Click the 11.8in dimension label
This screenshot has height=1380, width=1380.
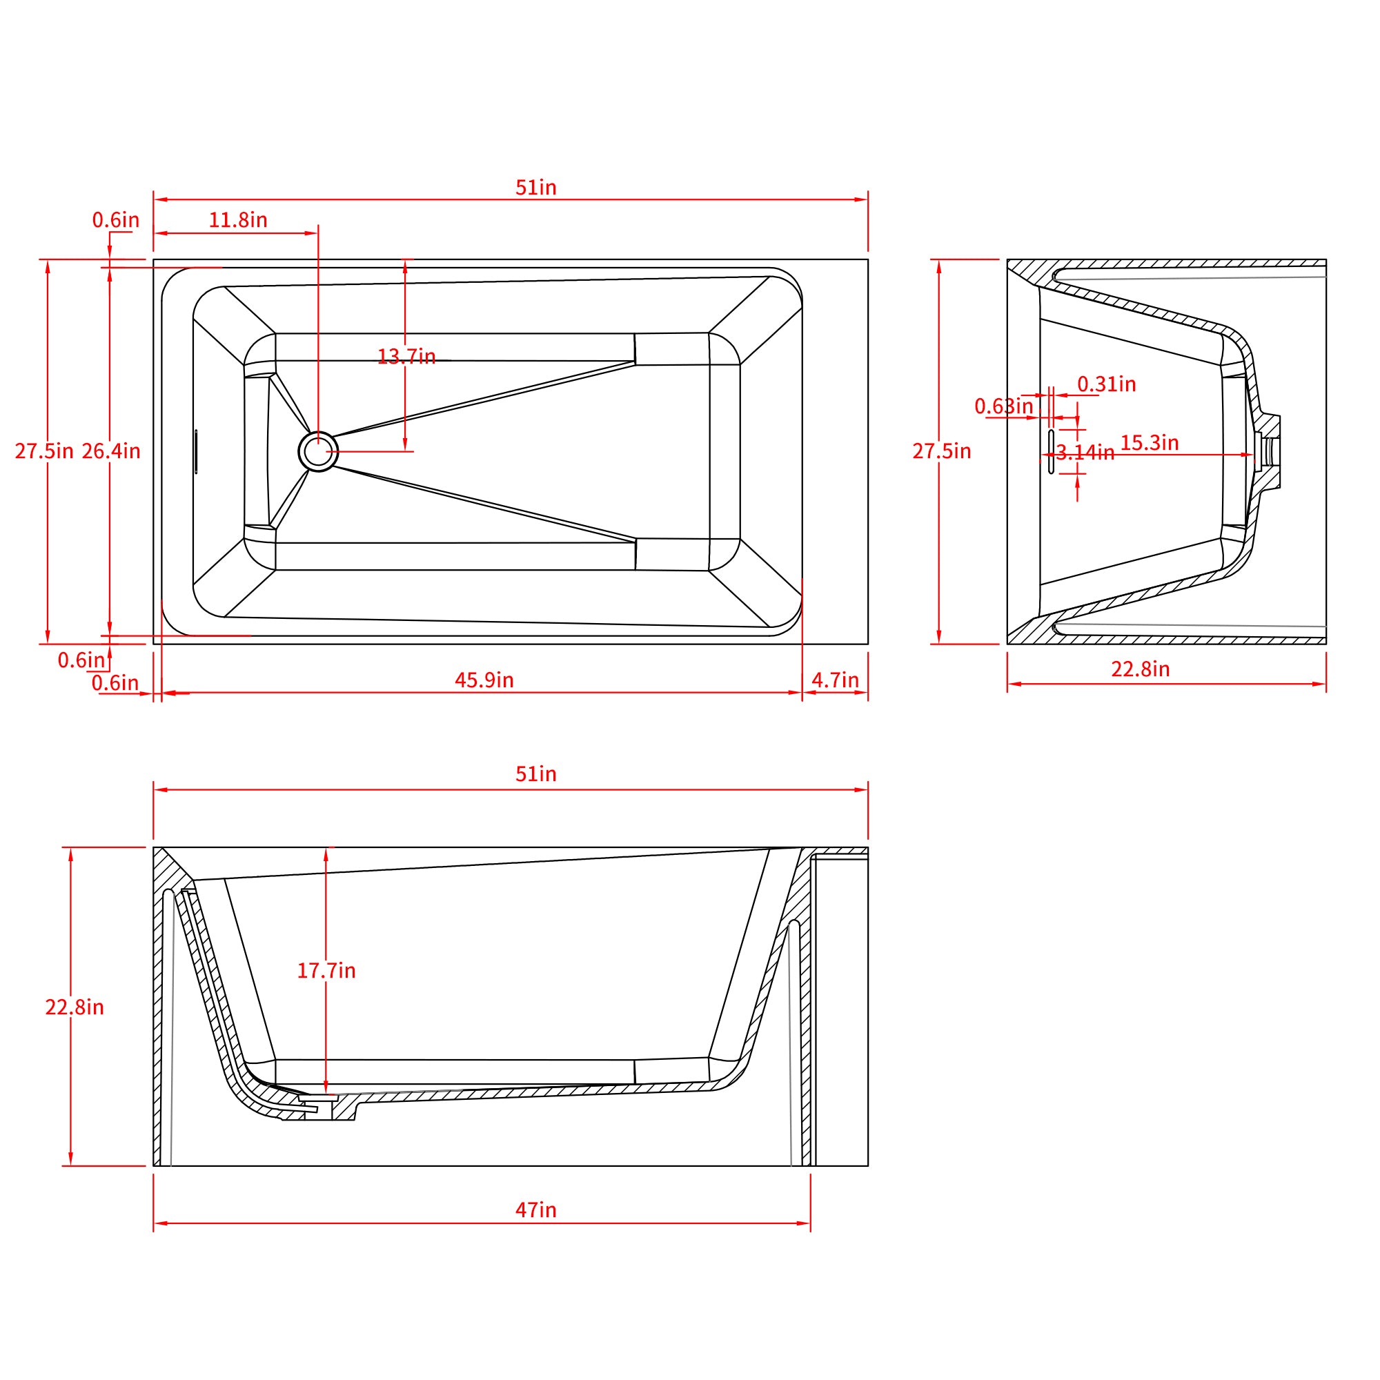click(238, 220)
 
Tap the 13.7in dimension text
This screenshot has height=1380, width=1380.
click(406, 356)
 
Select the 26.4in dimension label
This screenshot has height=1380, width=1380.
click(110, 451)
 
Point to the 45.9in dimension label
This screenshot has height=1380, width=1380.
click(484, 680)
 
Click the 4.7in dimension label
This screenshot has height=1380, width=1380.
click(835, 680)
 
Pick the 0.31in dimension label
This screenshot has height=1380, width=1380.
click(1107, 384)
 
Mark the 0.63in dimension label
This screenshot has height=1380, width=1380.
click(1003, 406)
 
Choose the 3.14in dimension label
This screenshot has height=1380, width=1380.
click(1085, 453)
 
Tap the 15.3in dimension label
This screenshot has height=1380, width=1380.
click(1150, 443)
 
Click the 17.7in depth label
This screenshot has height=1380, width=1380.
click(326, 971)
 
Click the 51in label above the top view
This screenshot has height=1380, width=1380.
click(535, 188)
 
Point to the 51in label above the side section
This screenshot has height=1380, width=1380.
click(535, 774)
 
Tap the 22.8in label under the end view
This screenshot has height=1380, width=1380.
click(1140, 669)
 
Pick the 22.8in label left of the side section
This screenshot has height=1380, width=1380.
click(75, 1007)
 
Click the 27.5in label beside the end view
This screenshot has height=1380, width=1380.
click(941, 451)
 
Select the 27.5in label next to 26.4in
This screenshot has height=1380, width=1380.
click(43, 451)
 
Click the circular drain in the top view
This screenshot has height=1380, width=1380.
click(318, 451)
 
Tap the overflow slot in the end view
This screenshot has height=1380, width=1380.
click(1051, 451)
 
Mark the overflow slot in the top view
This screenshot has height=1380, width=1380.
click(196, 451)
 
